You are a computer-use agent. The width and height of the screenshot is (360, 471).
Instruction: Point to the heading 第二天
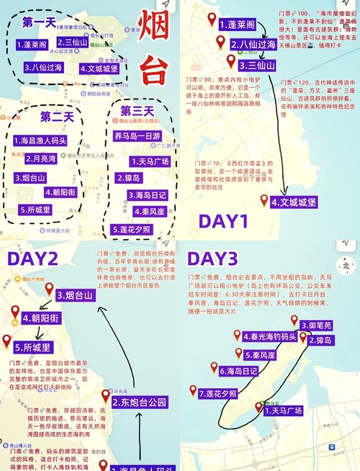[55, 117]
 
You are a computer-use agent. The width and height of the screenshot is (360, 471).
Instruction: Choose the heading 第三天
[137, 111]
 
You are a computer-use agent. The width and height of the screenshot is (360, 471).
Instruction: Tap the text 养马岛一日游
[137, 135]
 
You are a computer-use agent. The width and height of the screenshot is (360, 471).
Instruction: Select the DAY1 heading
[223, 220]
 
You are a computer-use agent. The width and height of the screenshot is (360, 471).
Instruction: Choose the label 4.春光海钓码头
[269, 336]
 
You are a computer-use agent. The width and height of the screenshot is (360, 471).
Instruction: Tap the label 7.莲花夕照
[217, 393]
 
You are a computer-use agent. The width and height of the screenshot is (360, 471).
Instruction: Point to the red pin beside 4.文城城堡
[264, 200]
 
